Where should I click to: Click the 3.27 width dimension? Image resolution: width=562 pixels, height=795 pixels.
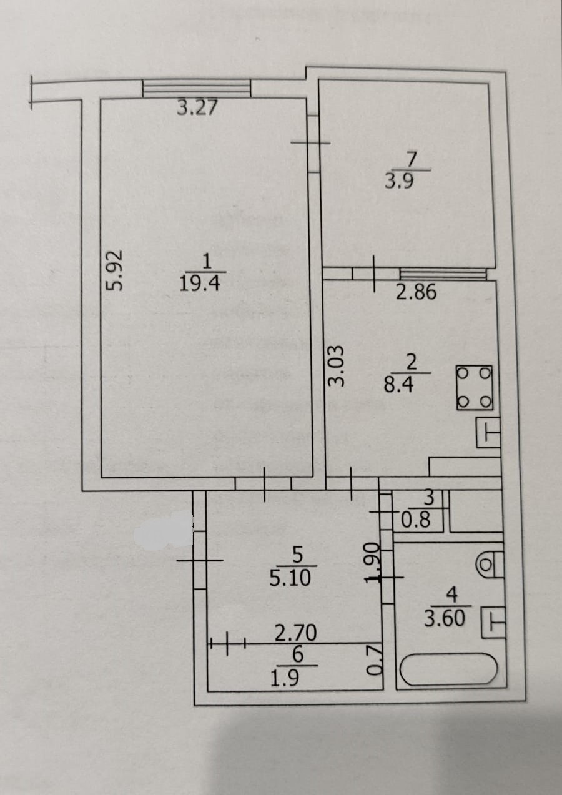point(197,108)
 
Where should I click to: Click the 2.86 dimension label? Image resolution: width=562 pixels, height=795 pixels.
point(416,292)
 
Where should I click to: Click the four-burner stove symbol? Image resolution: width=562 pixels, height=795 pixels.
point(475,387)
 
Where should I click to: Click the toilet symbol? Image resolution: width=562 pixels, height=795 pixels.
point(490,564)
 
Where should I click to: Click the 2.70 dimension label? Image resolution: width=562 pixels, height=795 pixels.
point(296,634)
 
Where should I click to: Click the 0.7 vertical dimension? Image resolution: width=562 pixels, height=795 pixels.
point(372,661)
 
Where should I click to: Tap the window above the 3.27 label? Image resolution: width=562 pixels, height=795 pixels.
point(196,88)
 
